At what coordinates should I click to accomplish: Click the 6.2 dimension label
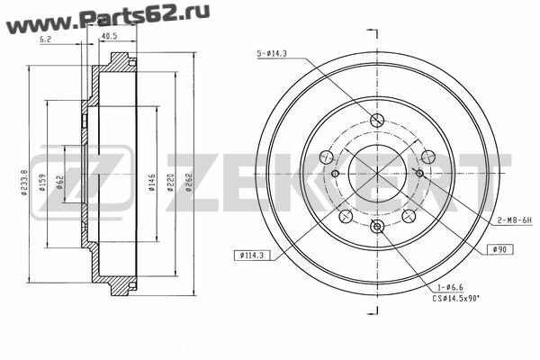(45, 40)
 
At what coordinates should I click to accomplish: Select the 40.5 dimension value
(110, 36)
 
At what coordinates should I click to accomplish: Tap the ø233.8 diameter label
(23, 182)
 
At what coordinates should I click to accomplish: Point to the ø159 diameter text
(42, 182)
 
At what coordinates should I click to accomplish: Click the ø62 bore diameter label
(60, 182)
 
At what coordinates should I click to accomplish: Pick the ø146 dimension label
(152, 183)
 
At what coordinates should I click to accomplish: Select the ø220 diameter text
(170, 183)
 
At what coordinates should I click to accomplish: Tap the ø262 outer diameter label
(189, 183)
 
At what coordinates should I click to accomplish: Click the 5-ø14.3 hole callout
(272, 54)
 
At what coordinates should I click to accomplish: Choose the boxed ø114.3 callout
(251, 256)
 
